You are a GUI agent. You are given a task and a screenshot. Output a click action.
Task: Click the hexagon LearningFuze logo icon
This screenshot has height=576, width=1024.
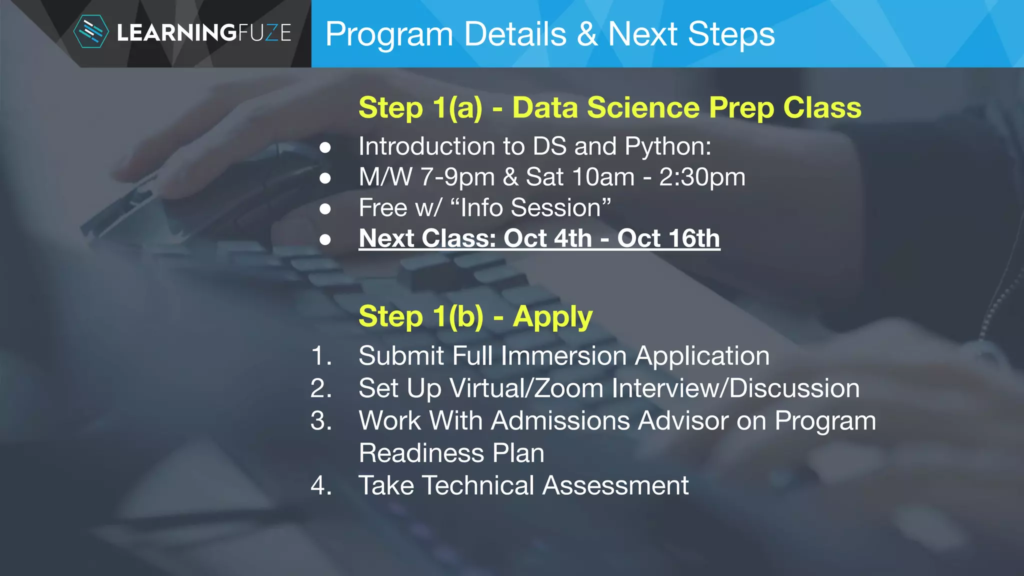pyautogui.click(x=90, y=32)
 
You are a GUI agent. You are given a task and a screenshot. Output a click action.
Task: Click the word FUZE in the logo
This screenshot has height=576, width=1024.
pyautogui.click(x=264, y=33)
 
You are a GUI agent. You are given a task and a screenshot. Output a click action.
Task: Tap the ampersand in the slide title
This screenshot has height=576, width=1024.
pyautogui.click(x=587, y=34)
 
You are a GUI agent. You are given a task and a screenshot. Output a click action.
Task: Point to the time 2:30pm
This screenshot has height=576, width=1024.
pyautogui.click(x=702, y=177)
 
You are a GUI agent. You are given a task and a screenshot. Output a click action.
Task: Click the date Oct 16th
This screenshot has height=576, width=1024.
pyautogui.click(x=668, y=238)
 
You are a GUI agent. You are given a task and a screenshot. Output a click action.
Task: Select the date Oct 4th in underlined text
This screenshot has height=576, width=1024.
pyautogui.click(x=547, y=238)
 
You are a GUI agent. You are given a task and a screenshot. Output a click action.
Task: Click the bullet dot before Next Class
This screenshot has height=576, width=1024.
pyautogui.click(x=325, y=239)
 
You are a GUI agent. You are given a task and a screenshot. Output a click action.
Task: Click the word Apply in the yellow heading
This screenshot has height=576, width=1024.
pyautogui.click(x=552, y=317)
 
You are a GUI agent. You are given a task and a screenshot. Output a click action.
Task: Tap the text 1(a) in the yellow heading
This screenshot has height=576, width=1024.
pyautogui.click(x=457, y=108)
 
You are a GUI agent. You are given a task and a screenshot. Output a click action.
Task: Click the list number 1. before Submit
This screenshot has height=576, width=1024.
pyautogui.click(x=321, y=356)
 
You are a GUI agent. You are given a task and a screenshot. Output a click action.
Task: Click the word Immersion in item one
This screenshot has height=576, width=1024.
pyautogui.click(x=563, y=356)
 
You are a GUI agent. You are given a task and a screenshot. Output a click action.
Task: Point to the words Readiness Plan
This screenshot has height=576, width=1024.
pyautogui.click(x=451, y=453)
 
